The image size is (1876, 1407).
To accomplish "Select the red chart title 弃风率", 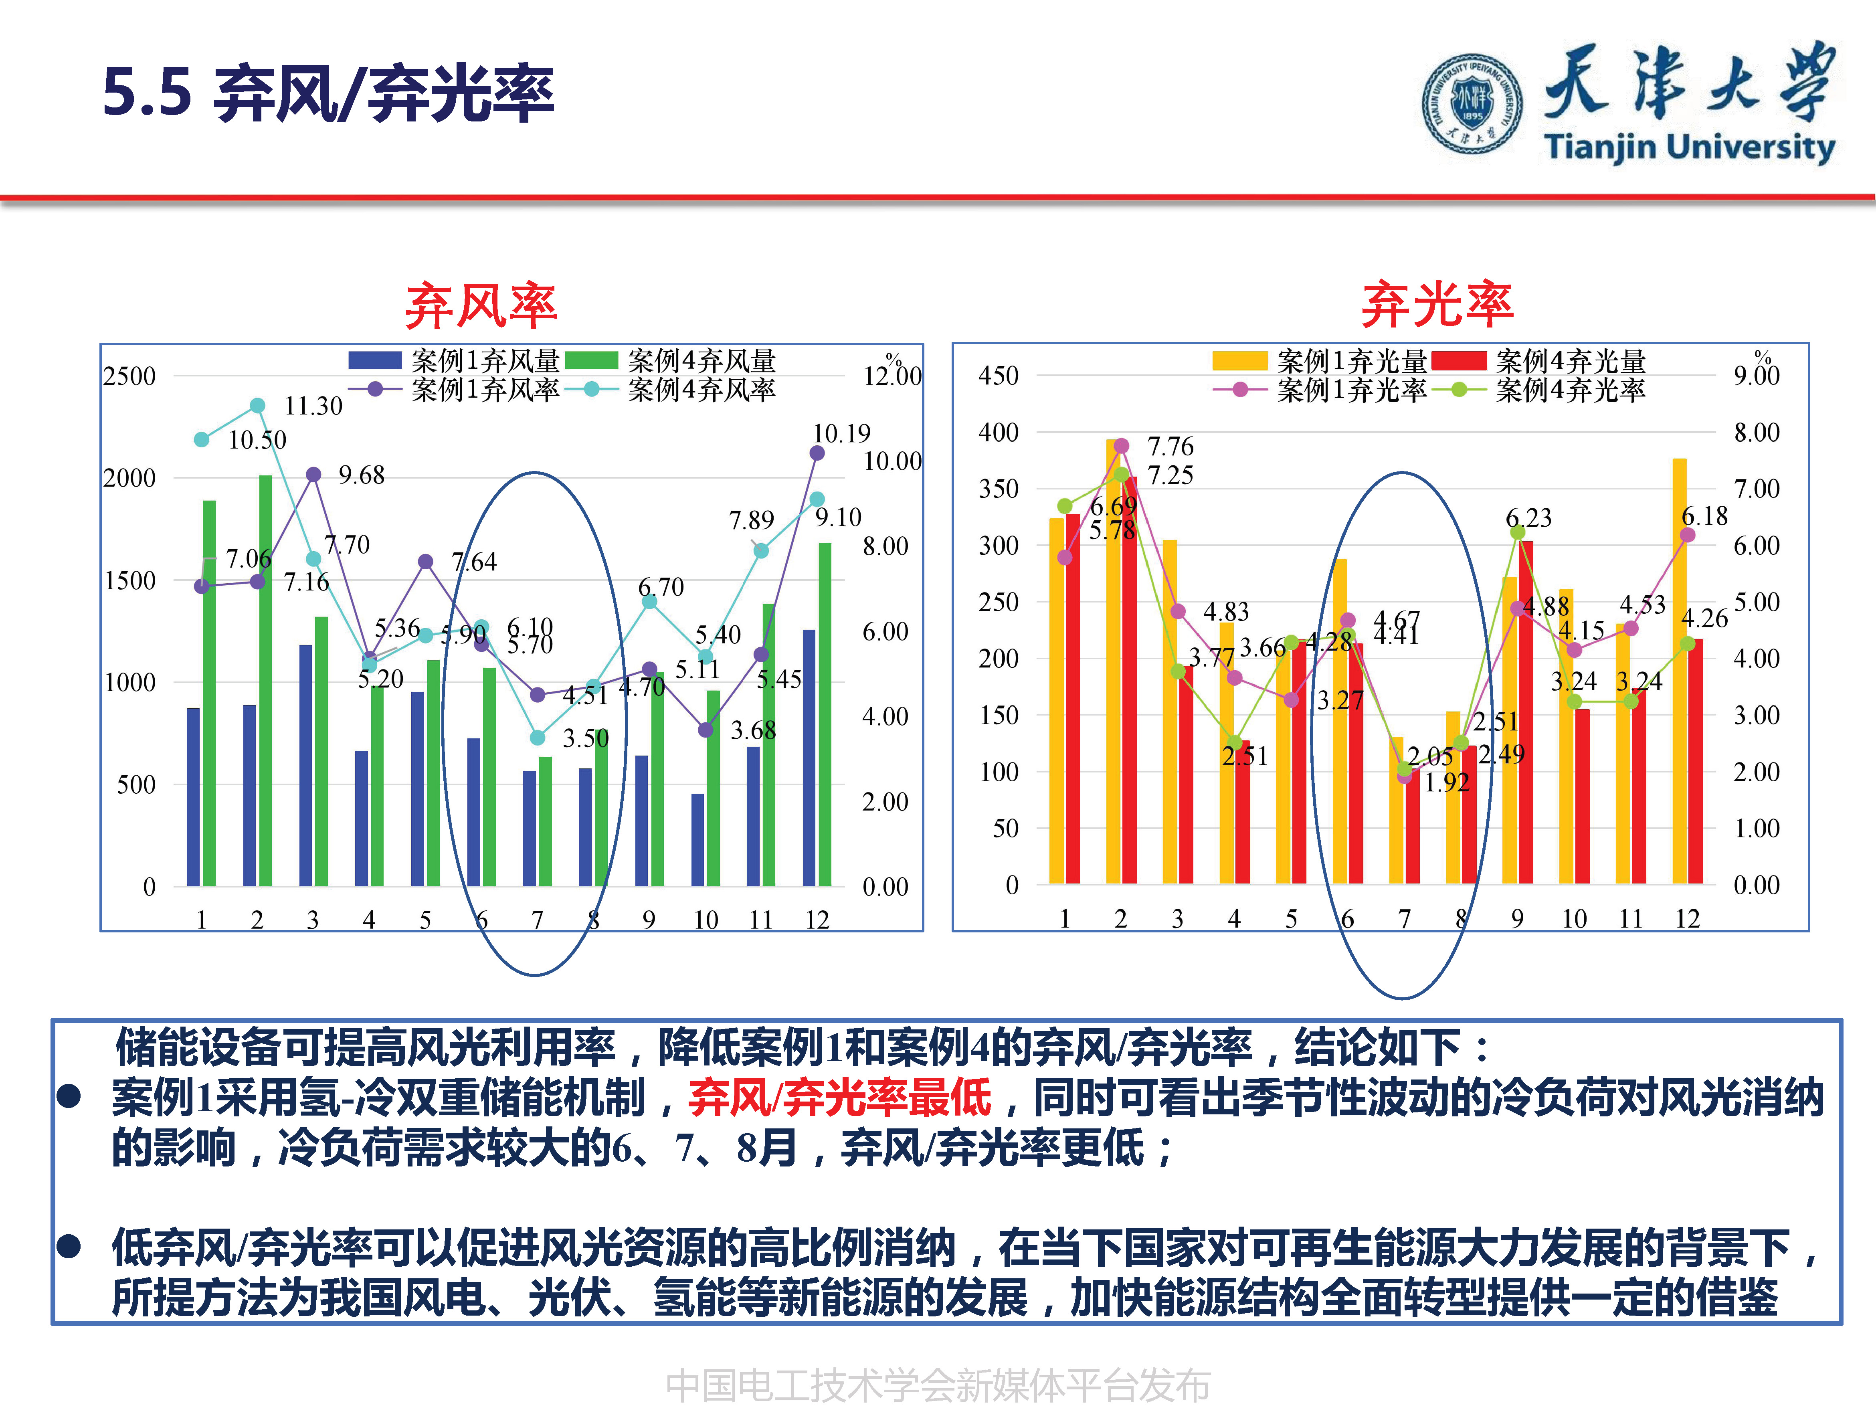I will pyautogui.click(x=481, y=305).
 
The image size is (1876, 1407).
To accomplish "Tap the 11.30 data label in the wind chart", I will pyautogui.click(x=313, y=406).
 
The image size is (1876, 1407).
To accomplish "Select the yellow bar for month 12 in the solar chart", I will pyautogui.click(x=1679, y=670).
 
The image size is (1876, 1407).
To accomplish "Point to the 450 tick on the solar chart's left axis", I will pyautogui.click(x=998, y=376).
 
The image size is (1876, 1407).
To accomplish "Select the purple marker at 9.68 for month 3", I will pyautogui.click(x=313, y=474).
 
